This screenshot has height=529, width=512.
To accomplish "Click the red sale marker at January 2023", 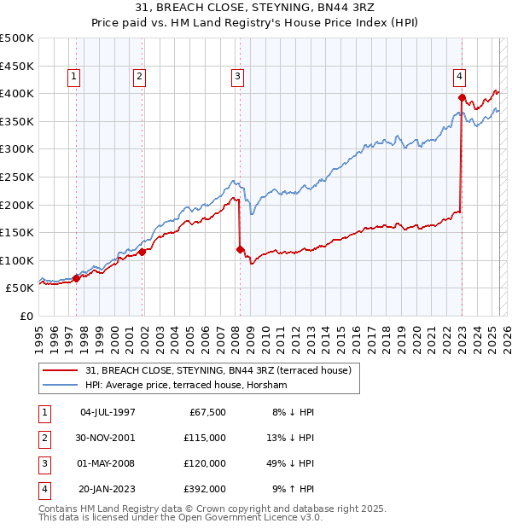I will click(462, 97).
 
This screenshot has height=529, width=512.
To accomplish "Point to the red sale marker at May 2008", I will click(240, 249).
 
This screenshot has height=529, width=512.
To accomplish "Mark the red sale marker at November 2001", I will click(143, 252).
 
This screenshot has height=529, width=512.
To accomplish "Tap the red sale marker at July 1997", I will click(77, 278).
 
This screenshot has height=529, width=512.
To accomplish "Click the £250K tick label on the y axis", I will click(17, 177).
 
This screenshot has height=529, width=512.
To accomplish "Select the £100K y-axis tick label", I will click(17, 260).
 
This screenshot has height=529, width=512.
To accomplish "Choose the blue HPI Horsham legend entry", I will click(186, 386).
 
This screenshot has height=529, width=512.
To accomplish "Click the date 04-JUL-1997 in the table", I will click(107, 411).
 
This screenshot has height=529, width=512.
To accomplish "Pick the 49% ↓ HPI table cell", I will click(292, 463).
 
